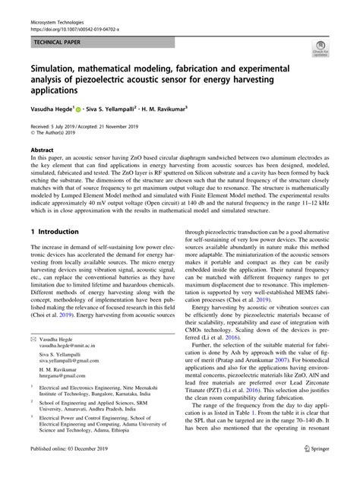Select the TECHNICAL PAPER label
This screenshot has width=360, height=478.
coord(60,43)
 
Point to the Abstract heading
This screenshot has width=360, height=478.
coord(42,150)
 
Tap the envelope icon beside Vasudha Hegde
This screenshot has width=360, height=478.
coord(33,358)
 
